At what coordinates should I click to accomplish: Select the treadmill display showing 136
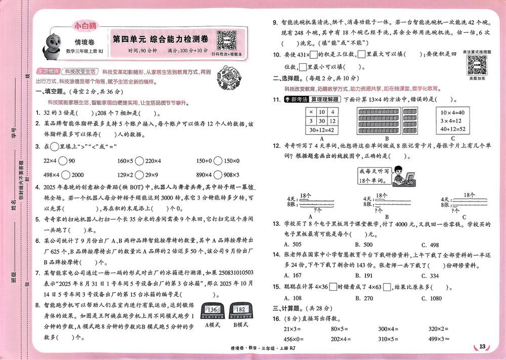coord(212,310)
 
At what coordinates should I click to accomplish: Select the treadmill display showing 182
coord(240,310)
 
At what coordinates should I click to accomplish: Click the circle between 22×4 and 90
coord(63,161)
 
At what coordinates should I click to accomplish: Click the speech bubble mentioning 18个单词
coord(374,175)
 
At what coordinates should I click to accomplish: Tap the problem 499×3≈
coord(440,339)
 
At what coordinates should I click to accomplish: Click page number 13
coord(482,346)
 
